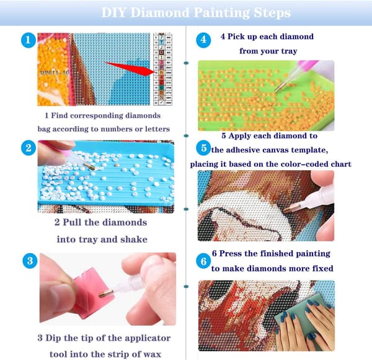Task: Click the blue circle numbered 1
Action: point(29,40)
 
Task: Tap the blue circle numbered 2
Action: point(29,148)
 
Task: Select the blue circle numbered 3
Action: point(30,261)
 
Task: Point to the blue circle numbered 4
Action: point(203,40)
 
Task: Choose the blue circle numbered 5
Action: point(203,148)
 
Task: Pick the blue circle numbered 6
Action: point(203,261)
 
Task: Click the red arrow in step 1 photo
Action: point(130,69)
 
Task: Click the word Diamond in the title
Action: point(160,12)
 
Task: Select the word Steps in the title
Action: point(272,13)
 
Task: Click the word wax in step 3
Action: point(153,354)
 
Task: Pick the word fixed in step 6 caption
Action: point(323,268)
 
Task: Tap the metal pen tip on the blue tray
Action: point(89,166)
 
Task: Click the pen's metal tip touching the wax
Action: point(106,294)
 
